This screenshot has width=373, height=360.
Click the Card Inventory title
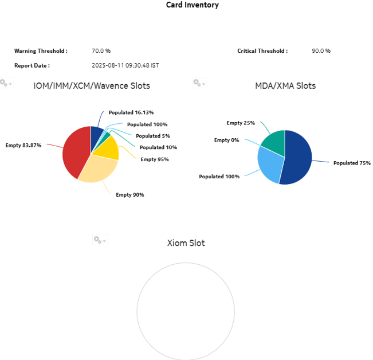(192, 5)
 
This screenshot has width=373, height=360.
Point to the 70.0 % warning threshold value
(101, 51)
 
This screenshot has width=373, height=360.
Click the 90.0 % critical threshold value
(321, 51)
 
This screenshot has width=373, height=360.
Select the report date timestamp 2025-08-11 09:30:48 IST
(125, 65)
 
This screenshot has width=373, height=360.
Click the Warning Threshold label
(41, 51)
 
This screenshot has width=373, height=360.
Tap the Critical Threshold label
(262, 51)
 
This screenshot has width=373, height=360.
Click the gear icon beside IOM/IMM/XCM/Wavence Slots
(6, 84)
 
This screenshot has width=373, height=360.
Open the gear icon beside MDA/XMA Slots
(198, 84)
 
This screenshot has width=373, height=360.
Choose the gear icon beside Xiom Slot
(99, 240)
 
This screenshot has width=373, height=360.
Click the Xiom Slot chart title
(186, 243)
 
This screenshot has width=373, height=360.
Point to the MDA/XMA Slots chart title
(285, 86)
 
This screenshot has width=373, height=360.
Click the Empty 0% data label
(226, 140)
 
